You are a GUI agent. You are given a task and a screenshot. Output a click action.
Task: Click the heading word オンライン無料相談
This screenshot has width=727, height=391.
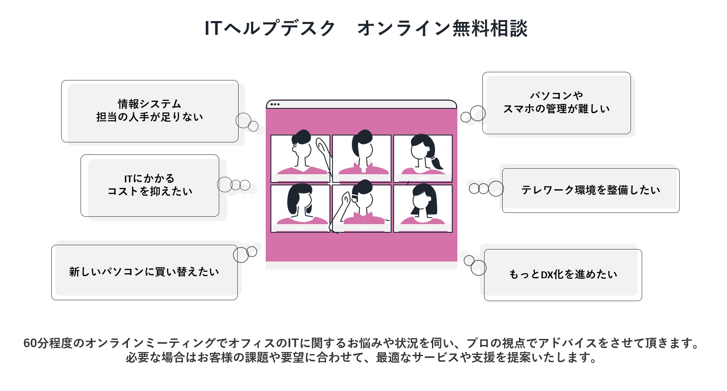pos(443,28)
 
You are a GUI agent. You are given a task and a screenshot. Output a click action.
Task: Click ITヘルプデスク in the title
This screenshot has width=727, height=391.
pos(270,28)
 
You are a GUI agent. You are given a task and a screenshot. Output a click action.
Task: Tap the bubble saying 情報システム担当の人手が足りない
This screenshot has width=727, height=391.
pos(150,111)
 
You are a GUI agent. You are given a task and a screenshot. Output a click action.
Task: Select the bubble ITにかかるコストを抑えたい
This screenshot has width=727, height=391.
pos(150,185)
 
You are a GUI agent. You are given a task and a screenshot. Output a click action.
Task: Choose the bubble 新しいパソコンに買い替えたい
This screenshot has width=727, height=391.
pos(144,272)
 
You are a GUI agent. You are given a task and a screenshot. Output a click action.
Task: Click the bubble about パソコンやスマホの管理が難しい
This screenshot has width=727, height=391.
pos(556,103)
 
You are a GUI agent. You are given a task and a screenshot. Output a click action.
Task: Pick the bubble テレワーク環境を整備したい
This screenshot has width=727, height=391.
pos(591,191)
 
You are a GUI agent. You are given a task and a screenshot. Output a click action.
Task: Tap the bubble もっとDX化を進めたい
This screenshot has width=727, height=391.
pos(563,275)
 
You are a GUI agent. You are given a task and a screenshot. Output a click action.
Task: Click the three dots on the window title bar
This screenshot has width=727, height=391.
pos(275,105)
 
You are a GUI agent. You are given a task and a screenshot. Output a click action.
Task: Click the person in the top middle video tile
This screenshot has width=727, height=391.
pos(363,152)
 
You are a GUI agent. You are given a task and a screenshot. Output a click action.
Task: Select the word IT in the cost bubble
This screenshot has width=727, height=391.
pos(128,179)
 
